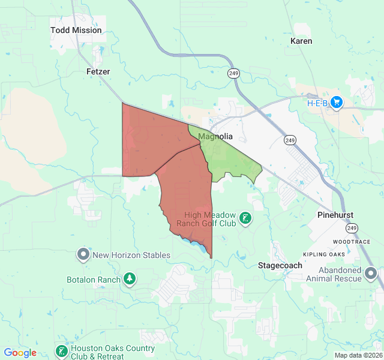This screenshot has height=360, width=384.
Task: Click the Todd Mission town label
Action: tap(76, 30)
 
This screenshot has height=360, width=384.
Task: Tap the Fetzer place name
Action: tap(98, 71)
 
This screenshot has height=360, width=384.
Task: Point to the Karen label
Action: tap(301, 41)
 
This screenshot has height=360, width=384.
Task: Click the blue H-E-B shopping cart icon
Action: tap(336, 103)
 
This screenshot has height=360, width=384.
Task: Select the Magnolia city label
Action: tap(215, 136)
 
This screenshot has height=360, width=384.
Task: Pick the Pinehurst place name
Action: tap(335, 215)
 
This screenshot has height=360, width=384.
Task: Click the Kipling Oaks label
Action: tap(324, 255)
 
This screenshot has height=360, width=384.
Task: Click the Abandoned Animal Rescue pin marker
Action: tap(371, 275)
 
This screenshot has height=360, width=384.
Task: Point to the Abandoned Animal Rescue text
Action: tap(332, 274)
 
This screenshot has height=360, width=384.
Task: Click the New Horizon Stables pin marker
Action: tap(83, 255)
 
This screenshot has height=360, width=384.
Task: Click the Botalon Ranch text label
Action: tap(93, 280)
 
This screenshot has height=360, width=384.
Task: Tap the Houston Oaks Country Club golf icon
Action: tap(61, 351)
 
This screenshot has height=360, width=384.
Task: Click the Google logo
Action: tap(20, 353)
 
